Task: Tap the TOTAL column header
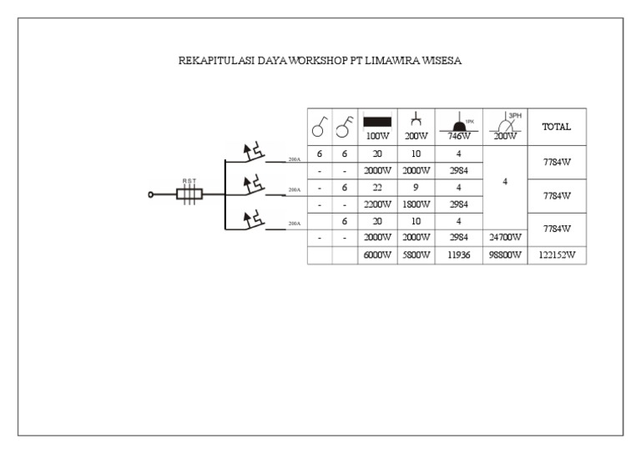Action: (x=557, y=128)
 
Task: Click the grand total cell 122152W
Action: (x=557, y=257)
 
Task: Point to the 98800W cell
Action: (x=507, y=257)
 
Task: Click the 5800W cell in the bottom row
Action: (x=415, y=257)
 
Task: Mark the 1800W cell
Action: (x=415, y=203)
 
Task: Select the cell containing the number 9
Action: (x=415, y=188)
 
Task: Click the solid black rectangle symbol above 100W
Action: (x=377, y=122)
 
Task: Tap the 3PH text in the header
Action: (x=514, y=115)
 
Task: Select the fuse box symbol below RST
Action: (x=189, y=195)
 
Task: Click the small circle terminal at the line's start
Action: (x=151, y=195)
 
